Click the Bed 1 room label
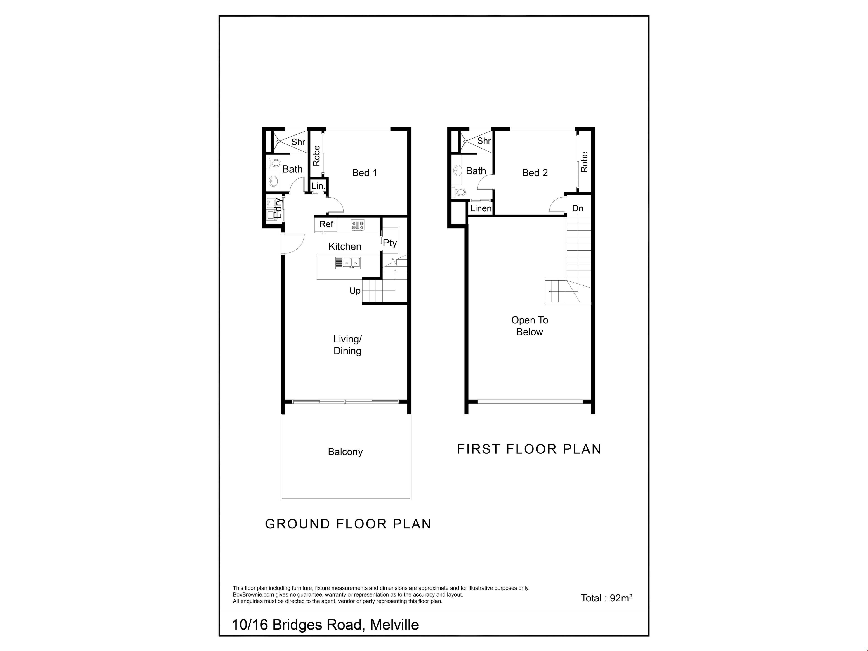pos(365,173)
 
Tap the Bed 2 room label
pos(535,173)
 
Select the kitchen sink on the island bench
pos(348,262)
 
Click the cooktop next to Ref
pos(357,225)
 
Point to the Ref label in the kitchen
pos(326,224)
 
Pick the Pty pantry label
pos(390,243)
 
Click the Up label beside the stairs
pos(355,291)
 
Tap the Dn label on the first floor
pos(578,208)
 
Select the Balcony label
pos(345,452)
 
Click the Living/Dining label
pos(347,345)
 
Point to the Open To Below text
pos(530,326)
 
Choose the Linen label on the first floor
pos(481,208)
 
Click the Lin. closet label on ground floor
pos(318,186)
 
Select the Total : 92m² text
pos(606,598)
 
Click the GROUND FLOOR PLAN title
pos(348,524)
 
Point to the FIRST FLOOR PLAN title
pos(529,449)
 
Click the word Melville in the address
pos(394,625)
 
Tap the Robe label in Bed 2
pos(584,162)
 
